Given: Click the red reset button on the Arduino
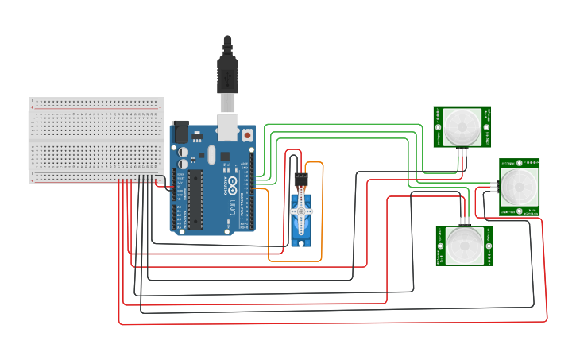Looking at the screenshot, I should tap(249, 136).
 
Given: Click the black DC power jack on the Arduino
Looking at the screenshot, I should tap(180, 132).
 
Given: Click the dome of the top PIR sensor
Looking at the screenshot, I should tap(462, 126).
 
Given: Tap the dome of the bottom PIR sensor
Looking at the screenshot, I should tap(464, 245).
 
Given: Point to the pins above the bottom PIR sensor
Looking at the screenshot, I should tap(463, 219).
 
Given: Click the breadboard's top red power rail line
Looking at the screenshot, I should tap(96, 103).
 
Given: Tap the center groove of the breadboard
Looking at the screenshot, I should tap(96, 141).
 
